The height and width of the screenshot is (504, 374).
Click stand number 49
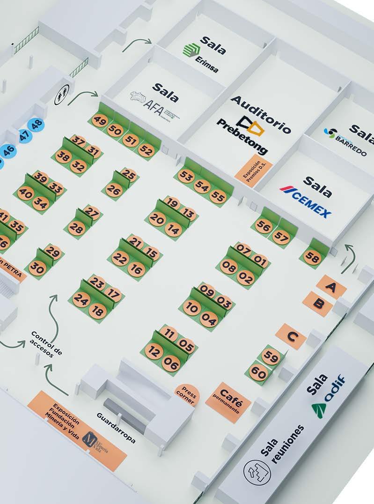[x=99, y=121]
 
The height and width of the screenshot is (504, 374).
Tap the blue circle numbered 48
[x=36, y=125]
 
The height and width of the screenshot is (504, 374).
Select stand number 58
[x=312, y=257]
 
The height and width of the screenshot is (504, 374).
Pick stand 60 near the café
[x=258, y=373]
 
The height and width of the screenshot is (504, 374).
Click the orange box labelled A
[x=331, y=287]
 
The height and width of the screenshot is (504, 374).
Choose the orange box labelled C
[x=291, y=336]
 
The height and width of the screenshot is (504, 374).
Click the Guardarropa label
[x=116, y=428]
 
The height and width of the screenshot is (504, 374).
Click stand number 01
[x=259, y=258]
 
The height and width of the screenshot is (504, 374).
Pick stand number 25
[x=129, y=175]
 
